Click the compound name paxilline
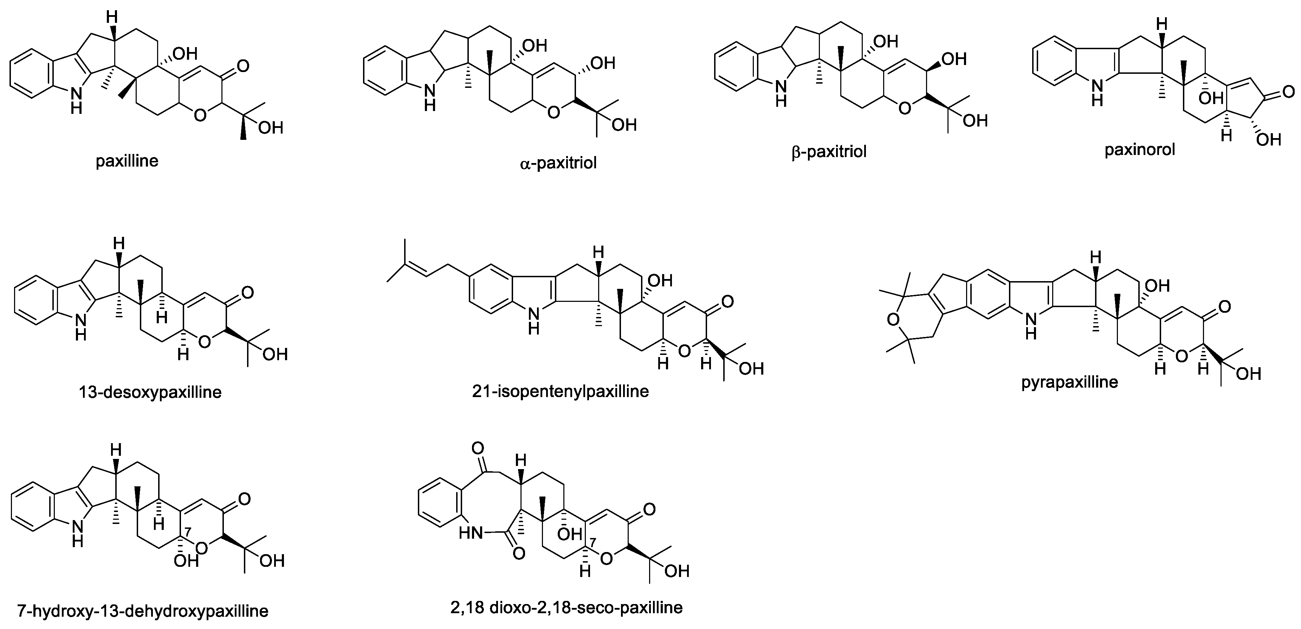pos(127,161)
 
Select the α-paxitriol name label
pos(558,163)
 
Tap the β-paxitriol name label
pos(829,151)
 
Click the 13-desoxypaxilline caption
pos(150,392)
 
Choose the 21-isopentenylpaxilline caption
pos(560,391)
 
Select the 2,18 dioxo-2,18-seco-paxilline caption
pos(566,607)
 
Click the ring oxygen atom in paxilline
pos(200,115)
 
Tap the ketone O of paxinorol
pos(1288,92)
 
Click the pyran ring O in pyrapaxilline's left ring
pos(893,319)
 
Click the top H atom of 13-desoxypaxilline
pos(119,244)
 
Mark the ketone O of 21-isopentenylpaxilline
pos(727,301)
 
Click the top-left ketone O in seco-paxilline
pos(477,448)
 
